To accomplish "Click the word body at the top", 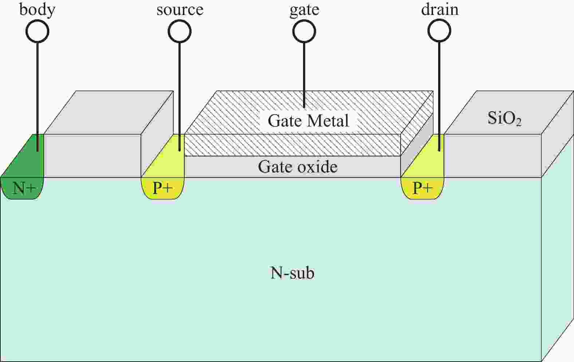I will click(x=37, y=9).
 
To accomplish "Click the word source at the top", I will click(x=180, y=9).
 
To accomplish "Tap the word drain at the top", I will click(x=440, y=9).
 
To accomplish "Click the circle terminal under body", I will click(x=37, y=31).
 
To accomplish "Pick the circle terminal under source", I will click(x=180, y=31).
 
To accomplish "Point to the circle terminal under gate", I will click(x=304, y=31).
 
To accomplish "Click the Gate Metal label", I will click(x=308, y=121).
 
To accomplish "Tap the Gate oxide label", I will click(x=298, y=167).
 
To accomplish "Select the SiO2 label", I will click(x=504, y=118).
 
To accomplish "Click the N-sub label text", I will click(x=292, y=273).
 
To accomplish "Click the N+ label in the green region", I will click(x=24, y=188).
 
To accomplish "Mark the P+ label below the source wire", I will click(x=162, y=188).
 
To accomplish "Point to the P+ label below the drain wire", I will click(x=422, y=188).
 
